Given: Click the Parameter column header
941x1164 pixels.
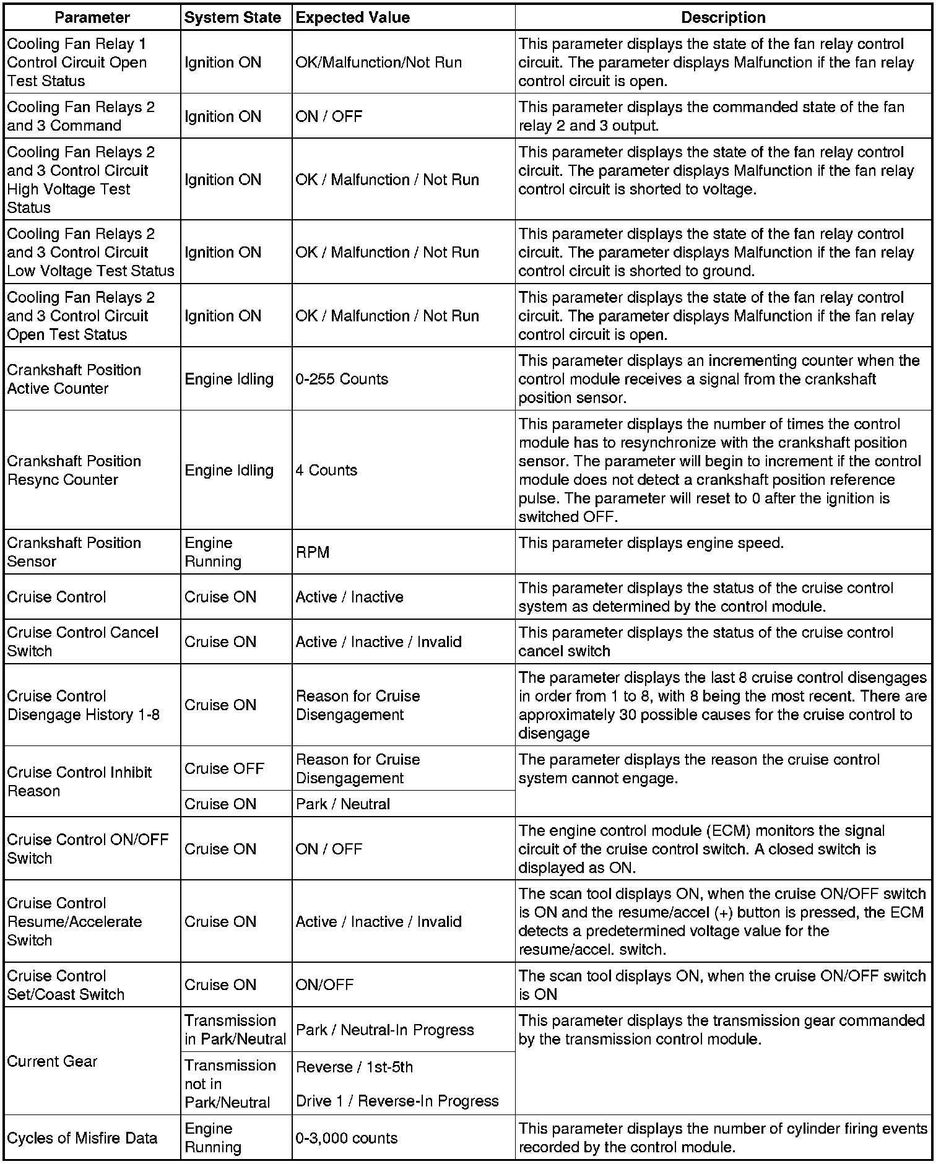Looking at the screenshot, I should (x=92, y=17).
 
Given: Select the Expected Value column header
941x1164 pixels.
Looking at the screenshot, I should (x=353, y=17).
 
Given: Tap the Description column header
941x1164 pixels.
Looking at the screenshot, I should (x=723, y=17).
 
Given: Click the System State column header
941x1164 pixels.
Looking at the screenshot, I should (x=233, y=17).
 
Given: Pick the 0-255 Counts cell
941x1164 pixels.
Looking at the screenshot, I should (x=342, y=379).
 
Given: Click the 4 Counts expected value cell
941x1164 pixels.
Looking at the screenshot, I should (x=326, y=470).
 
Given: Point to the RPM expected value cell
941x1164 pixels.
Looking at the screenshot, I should (x=313, y=552).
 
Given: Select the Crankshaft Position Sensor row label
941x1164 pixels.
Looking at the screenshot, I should (x=74, y=552).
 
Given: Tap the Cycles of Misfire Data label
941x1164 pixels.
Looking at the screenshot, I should (x=82, y=1138).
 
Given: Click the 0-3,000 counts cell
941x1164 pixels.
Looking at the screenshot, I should (x=347, y=1138).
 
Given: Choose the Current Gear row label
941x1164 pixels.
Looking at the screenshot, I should (x=53, y=1061).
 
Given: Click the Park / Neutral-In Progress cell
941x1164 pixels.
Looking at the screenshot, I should (x=385, y=1030).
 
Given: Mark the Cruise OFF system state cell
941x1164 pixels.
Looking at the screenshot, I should (x=224, y=768).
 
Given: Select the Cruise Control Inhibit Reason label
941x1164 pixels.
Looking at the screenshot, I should (x=79, y=781).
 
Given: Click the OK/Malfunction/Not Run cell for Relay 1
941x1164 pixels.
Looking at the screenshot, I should (x=379, y=63).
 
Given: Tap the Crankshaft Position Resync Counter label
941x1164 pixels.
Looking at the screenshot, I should (x=74, y=470).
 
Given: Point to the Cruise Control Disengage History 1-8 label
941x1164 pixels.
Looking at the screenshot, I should (x=84, y=705).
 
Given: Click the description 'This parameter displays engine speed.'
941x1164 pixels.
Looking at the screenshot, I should (x=651, y=543).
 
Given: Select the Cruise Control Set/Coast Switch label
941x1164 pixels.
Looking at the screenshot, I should (x=66, y=985).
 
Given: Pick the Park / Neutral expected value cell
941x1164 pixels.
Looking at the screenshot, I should (x=343, y=804).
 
